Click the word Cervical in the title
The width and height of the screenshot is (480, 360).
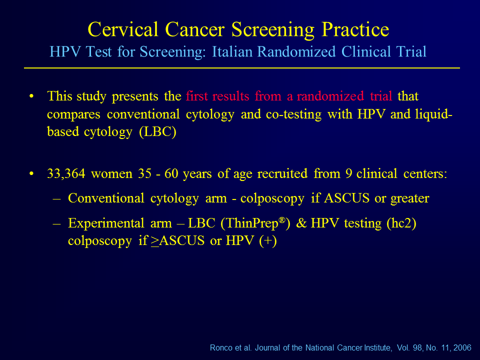pyautogui.click(x=123, y=29)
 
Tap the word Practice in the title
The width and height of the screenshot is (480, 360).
pyautogui.click(x=355, y=29)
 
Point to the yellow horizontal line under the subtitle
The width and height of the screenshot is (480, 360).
pyautogui.click(x=242, y=68)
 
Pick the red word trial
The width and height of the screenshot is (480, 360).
pyautogui.click(x=381, y=96)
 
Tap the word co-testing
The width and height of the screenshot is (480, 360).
pyautogui.click(x=293, y=114)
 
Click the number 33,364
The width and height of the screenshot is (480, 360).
pyautogui.click(x=66, y=173)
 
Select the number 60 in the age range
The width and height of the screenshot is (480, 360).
pyautogui.click(x=171, y=173)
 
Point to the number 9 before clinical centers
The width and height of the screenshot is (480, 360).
pyautogui.click(x=348, y=173)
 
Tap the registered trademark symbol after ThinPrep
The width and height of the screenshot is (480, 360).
pyautogui.click(x=282, y=220)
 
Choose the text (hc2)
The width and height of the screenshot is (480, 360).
pyautogui.click(x=401, y=223)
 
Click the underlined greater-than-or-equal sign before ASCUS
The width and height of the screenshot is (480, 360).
pyautogui.click(x=155, y=241)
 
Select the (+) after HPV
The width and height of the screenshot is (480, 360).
pyautogui.click(x=268, y=241)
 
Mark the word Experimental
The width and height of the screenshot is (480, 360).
pyautogui.click(x=106, y=223)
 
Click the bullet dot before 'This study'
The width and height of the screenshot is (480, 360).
pyautogui.click(x=31, y=96)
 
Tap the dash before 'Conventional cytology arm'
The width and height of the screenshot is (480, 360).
pyautogui.click(x=56, y=198)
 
